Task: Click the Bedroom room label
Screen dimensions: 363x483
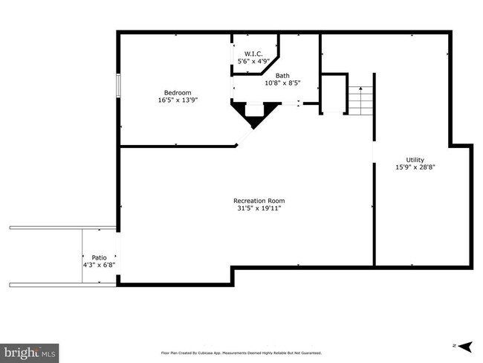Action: pyautogui.click(x=178, y=92)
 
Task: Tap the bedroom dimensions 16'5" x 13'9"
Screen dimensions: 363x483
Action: pyautogui.click(x=178, y=100)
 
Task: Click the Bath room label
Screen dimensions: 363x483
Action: pyautogui.click(x=282, y=75)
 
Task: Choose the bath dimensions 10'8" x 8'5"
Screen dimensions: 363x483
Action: pyautogui.click(x=282, y=83)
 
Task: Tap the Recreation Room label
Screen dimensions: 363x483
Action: pyautogui.click(x=259, y=200)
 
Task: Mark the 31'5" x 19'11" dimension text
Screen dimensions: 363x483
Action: pyautogui.click(x=259, y=208)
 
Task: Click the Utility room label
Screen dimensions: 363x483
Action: pyautogui.click(x=415, y=160)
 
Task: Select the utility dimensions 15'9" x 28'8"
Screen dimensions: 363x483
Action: pyautogui.click(x=415, y=167)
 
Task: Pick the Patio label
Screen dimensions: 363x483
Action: pyautogui.click(x=99, y=257)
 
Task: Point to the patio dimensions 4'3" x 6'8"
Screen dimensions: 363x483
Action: pyautogui.click(x=99, y=264)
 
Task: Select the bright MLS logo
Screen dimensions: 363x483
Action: pyautogui.click(x=30, y=351)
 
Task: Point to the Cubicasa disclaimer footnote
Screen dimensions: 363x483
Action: pyautogui.click(x=241, y=353)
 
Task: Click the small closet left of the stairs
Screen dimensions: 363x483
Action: pyautogui.click(x=334, y=94)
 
